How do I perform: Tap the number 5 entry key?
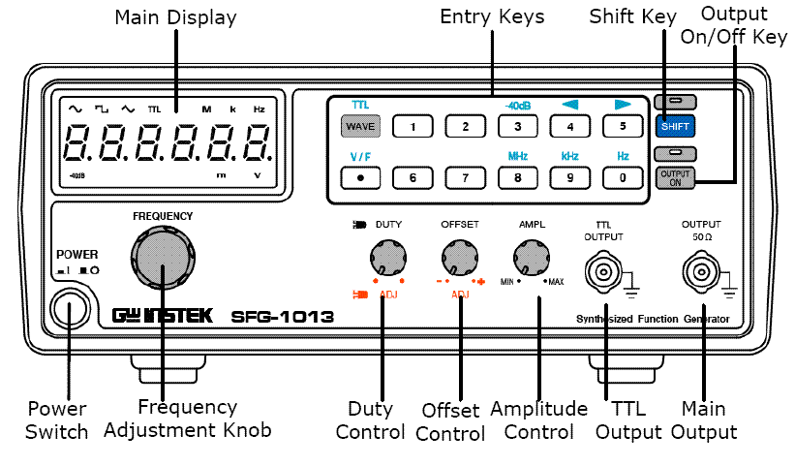pyautogui.click(x=623, y=127)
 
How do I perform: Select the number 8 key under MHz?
pyautogui.click(x=517, y=177)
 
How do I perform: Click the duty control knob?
pyautogui.click(x=386, y=260)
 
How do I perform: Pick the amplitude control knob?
pyautogui.click(x=531, y=260)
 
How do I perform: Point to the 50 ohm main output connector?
pyautogui.click(x=702, y=270)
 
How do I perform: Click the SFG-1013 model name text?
pyautogui.click(x=283, y=317)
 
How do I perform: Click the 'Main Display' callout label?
pyautogui.click(x=175, y=17)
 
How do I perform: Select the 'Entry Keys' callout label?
pyautogui.click(x=492, y=16)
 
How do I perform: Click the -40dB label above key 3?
pyautogui.click(x=517, y=104)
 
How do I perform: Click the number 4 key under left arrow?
pyautogui.click(x=570, y=127)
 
